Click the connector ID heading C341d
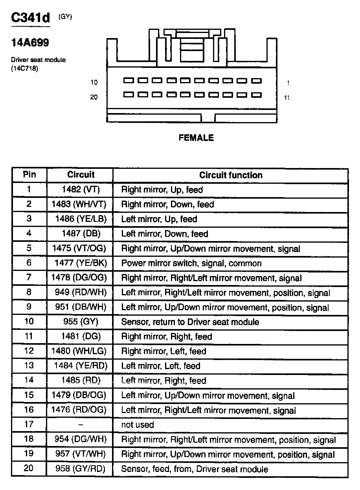(x=31, y=18)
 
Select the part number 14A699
(x=30, y=43)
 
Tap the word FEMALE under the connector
(x=196, y=138)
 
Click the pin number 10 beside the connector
(x=94, y=82)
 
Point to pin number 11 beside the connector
(x=287, y=97)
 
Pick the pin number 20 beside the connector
(x=94, y=97)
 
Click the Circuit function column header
(x=231, y=175)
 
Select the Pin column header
(x=29, y=175)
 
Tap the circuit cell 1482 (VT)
(x=81, y=190)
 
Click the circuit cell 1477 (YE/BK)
(x=81, y=263)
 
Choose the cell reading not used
(x=138, y=425)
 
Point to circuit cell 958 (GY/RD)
(x=81, y=469)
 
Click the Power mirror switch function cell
(x=191, y=263)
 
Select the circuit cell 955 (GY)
(x=81, y=322)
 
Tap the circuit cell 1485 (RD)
(x=81, y=380)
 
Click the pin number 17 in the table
(x=29, y=424)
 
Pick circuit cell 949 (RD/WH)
(x=81, y=293)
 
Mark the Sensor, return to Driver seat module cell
(x=190, y=322)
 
